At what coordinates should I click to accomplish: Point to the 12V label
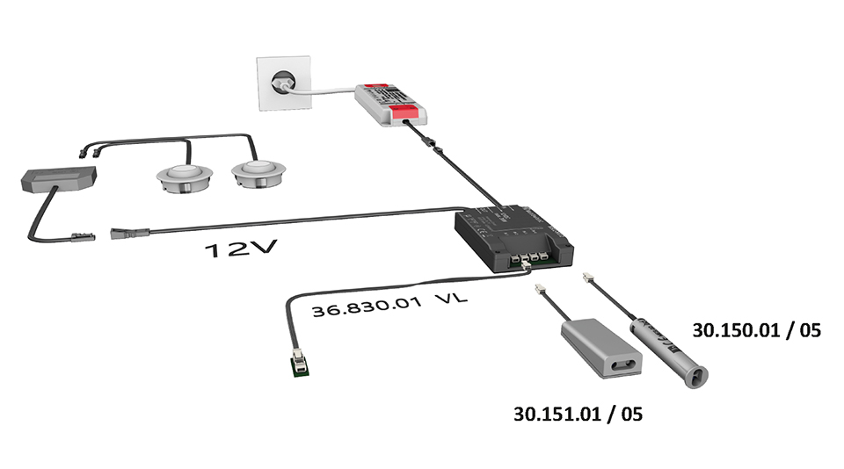(x=240, y=250)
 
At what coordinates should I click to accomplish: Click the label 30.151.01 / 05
(x=578, y=413)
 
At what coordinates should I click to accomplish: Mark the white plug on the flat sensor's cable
(x=538, y=288)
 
